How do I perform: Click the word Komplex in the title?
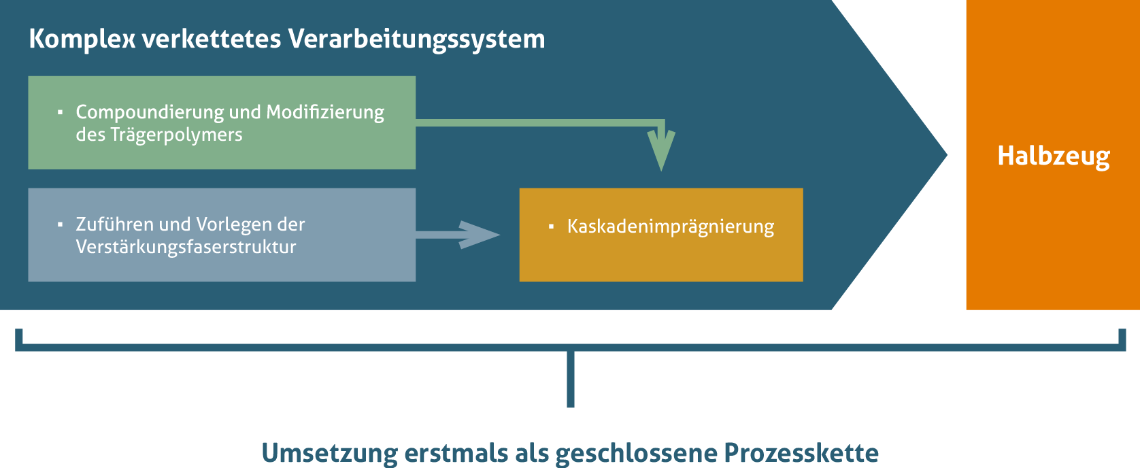pos(82,39)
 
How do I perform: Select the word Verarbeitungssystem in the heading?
pos(416,39)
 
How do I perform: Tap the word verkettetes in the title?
pos(212,39)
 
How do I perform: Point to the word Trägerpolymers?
pos(176,135)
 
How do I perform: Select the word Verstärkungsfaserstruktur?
pos(186,247)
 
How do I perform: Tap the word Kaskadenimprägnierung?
pos(671,227)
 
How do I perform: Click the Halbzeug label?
pos(1054,156)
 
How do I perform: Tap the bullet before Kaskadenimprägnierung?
pos(551,227)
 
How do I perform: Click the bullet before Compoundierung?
pos(61,112)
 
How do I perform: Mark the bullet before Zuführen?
pos(61,224)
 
